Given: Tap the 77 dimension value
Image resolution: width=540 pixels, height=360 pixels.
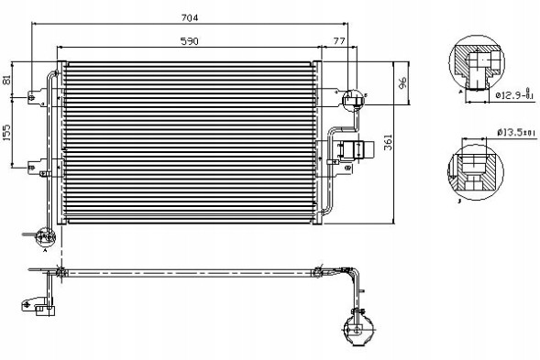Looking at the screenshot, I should click(x=339, y=41).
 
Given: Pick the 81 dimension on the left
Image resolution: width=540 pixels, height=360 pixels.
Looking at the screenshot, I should click(x=8, y=80).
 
